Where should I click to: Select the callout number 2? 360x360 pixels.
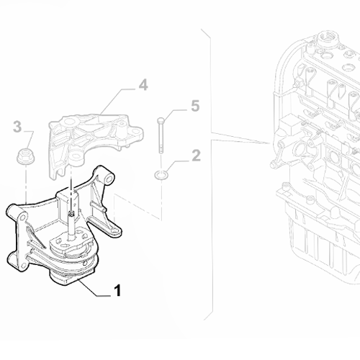(196, 154)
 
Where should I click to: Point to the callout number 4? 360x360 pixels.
(143, 85)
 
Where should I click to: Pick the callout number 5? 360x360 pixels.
(194, 107)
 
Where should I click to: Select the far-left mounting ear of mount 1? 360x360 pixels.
(14, 212)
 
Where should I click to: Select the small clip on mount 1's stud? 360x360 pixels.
(72, 212)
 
